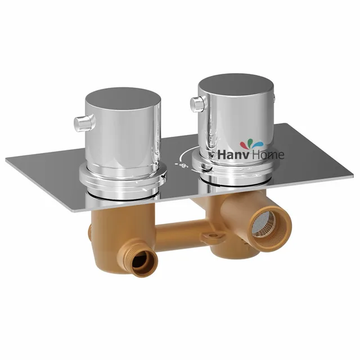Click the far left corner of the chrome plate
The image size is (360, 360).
click(x=7, y=159)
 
